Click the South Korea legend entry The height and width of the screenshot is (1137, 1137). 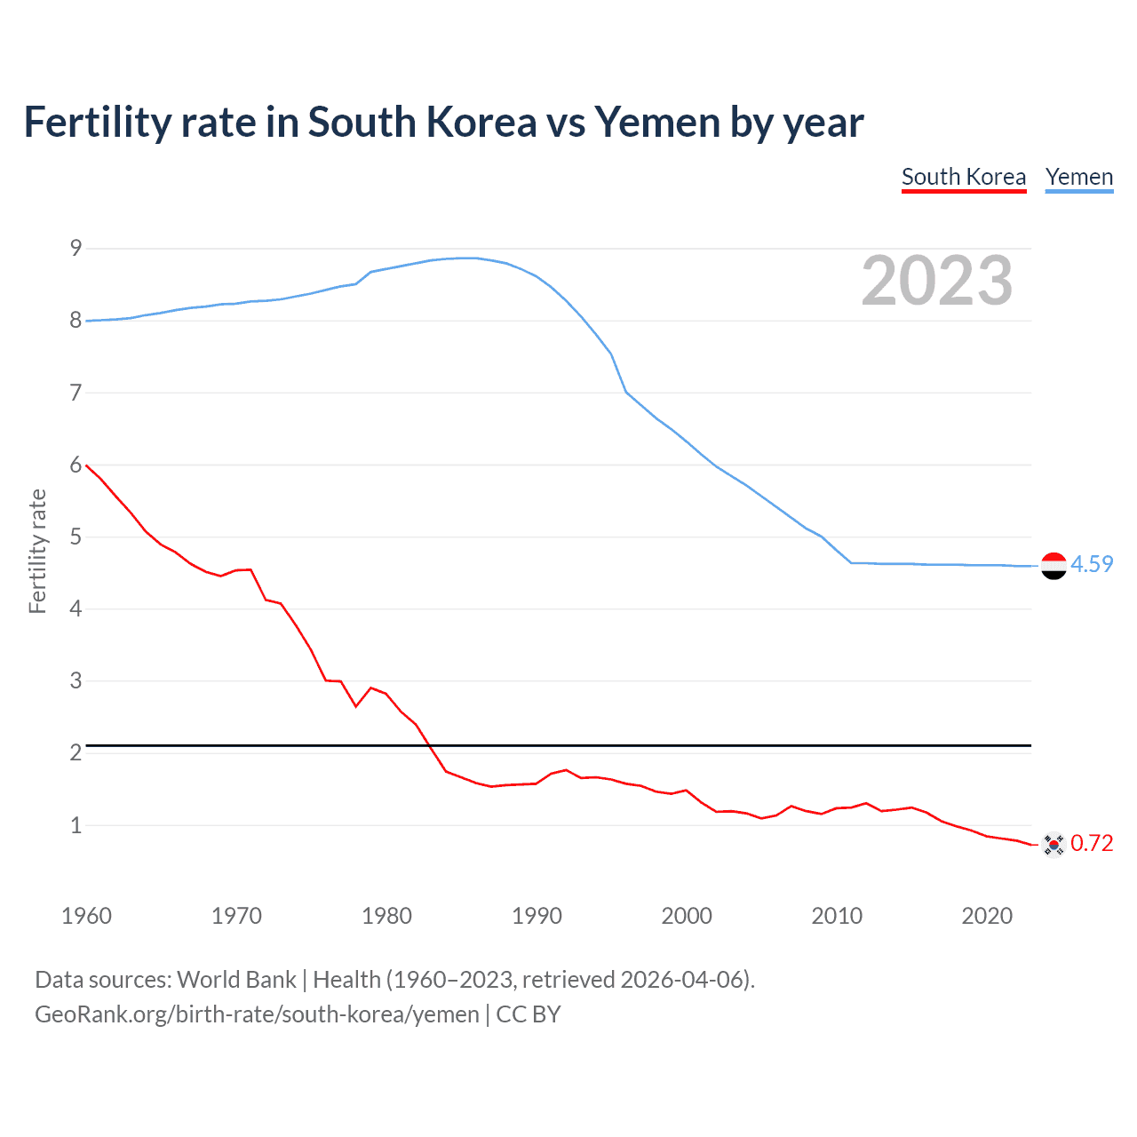point(964,177)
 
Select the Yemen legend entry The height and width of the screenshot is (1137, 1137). point(1078,177)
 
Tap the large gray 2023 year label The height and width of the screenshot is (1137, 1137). point(936,281)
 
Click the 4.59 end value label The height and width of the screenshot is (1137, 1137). point(1092,564)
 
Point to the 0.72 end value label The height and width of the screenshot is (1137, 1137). point(1092,843)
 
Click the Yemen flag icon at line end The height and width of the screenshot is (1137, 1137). point(1054,566)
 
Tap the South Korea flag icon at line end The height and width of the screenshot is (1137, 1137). point(1054,844)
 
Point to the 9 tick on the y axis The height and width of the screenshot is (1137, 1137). point(76,248)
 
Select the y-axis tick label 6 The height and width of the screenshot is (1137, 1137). point(76,465)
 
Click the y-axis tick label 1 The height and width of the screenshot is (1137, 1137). point(76,825)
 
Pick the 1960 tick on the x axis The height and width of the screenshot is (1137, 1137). point(86,916)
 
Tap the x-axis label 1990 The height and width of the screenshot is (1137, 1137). point(537,916)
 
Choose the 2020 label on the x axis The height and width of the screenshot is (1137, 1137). point(987,916)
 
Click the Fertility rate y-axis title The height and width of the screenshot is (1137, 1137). point(37,551)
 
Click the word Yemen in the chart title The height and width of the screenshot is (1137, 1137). point(656,123)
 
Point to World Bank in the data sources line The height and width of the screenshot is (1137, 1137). point(236,980)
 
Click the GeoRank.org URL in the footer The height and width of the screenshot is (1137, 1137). point(257,1014)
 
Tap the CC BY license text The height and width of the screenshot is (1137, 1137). point(529,1014)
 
